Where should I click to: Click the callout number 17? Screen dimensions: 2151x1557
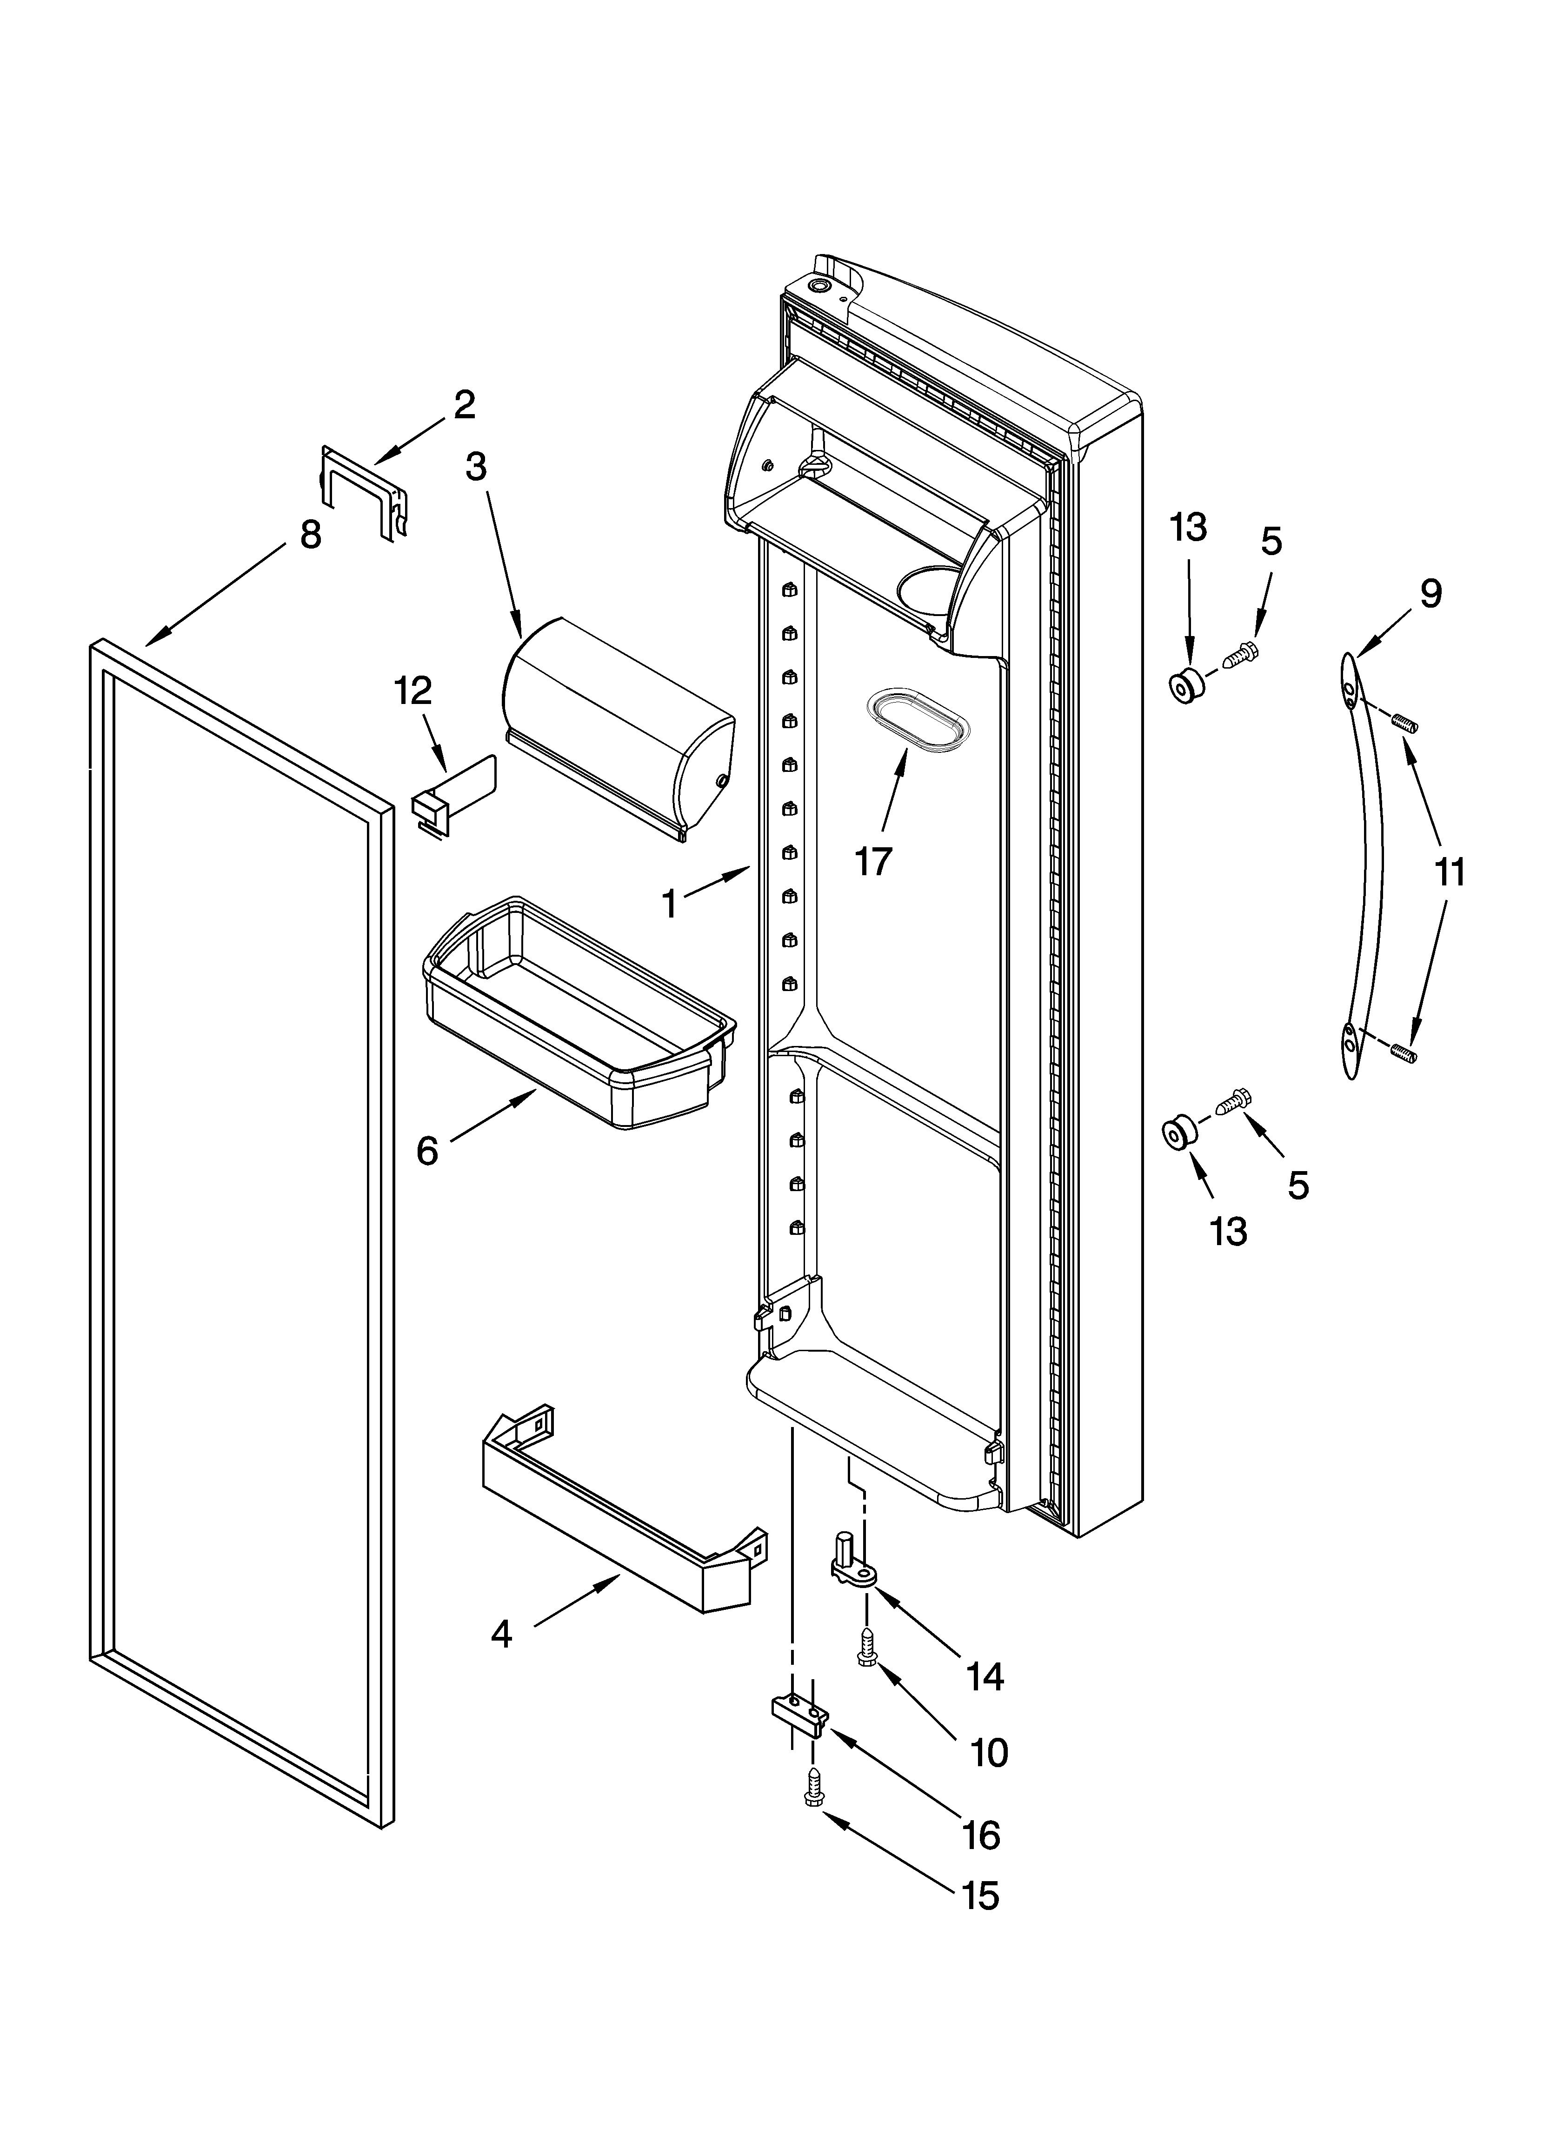[x=873, y=861]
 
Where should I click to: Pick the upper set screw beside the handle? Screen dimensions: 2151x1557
[x=1404, y=725]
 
